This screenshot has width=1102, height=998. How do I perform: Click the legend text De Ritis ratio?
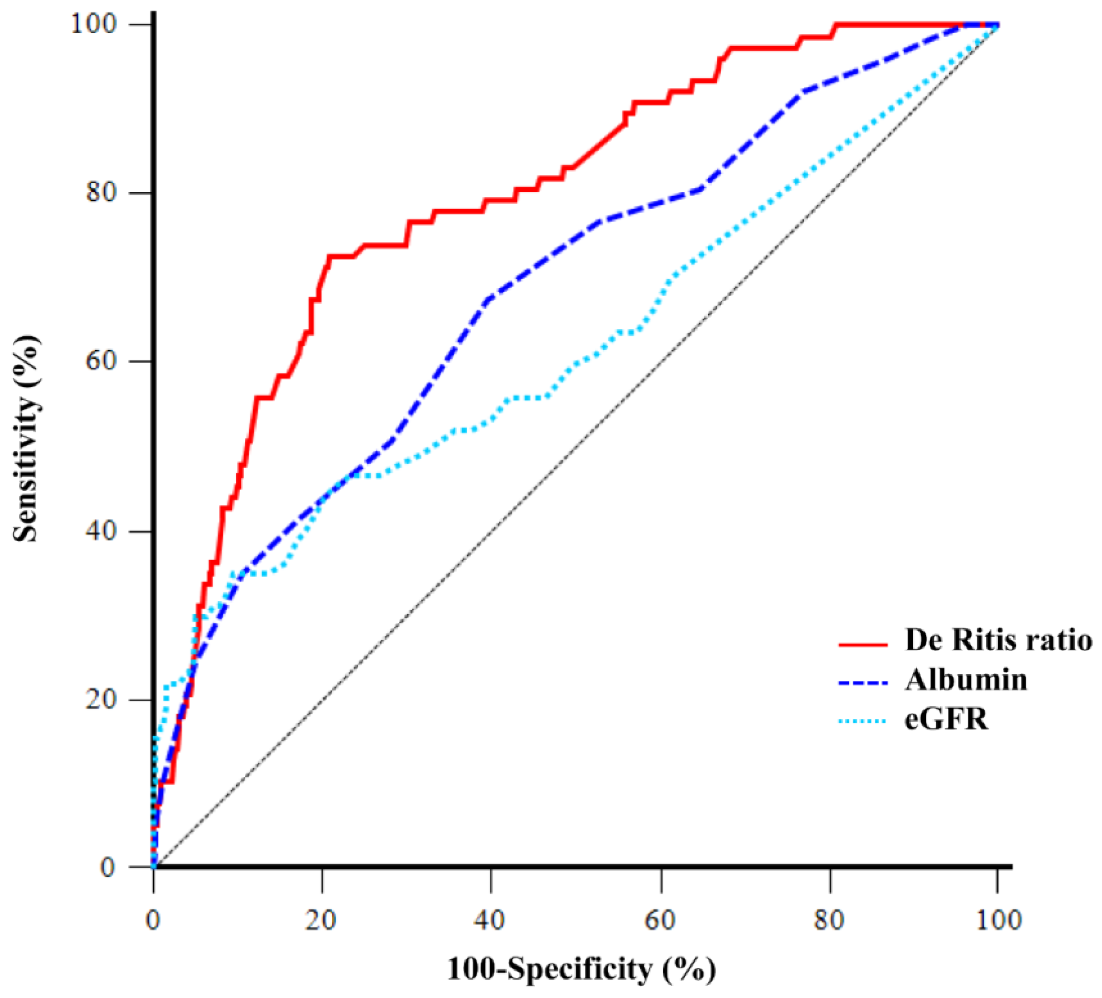click(998, 639)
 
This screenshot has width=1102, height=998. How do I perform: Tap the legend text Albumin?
click(966, 679)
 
